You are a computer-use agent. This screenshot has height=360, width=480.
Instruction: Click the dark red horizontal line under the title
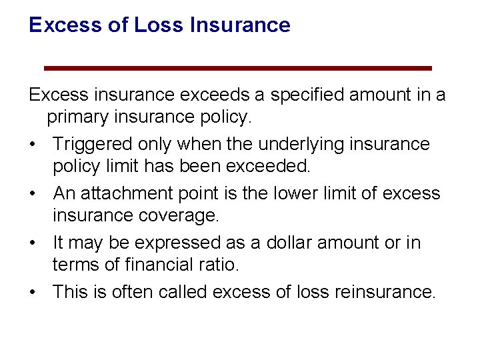tap(238, 68)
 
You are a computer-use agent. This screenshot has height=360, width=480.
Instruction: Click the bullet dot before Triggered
tap(31, 145)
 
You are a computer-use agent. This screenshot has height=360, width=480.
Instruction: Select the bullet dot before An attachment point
tap(31, 194)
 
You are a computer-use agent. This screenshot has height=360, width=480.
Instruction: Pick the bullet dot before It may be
tap(31, 243)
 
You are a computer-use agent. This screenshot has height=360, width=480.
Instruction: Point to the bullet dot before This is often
tap(31, 293)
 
